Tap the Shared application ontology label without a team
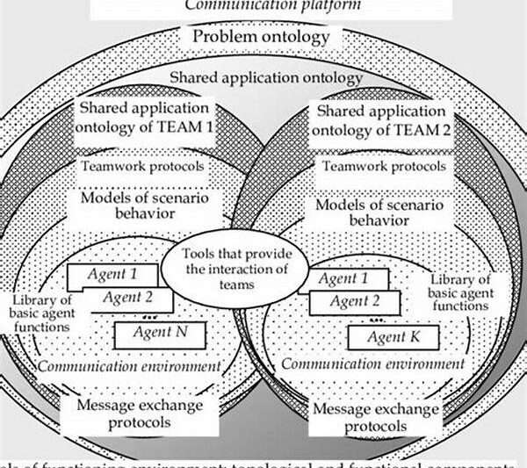tap(264, 78)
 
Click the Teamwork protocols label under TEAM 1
tap(143, 165)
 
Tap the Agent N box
tap(159, 333)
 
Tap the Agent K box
tap(393, 336)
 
